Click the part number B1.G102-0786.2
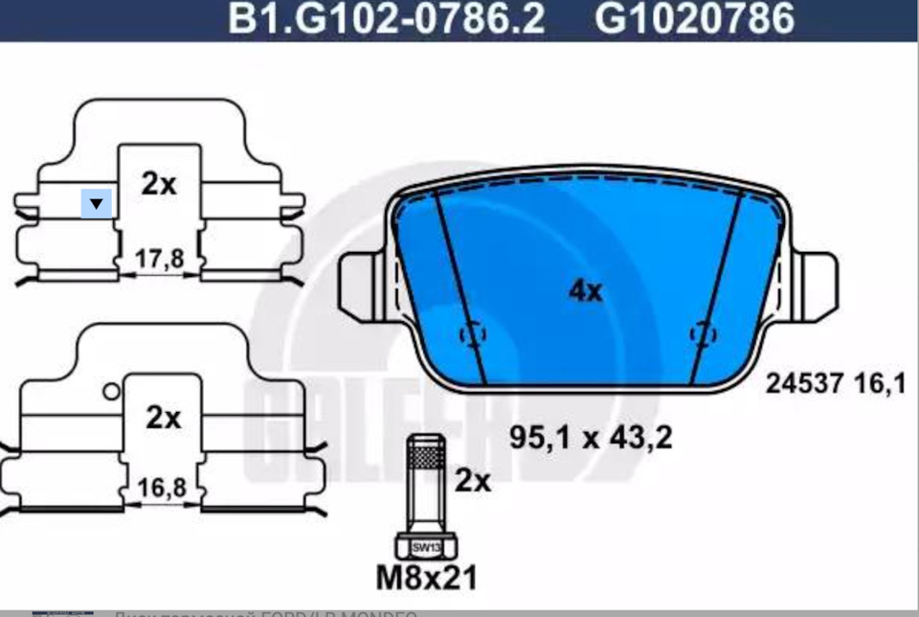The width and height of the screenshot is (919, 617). (x=386, y=19)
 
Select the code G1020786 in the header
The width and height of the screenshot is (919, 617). (x=696, y=19)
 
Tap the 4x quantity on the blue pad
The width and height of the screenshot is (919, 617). (x=585, y=290)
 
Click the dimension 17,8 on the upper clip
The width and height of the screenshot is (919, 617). (x=160, y=261)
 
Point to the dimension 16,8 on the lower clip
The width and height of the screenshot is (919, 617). (x=160, y=488)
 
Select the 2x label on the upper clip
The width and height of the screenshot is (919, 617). (x=159, y=184)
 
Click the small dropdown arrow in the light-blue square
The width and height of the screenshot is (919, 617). (x=97, y=203)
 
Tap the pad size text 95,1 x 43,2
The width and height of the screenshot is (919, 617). (x=590, y=438)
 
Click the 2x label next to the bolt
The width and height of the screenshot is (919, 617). (x=472, y=481)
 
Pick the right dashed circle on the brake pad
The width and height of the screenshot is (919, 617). (x=704, y=333)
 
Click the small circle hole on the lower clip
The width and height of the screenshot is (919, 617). (x=111, y=391)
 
